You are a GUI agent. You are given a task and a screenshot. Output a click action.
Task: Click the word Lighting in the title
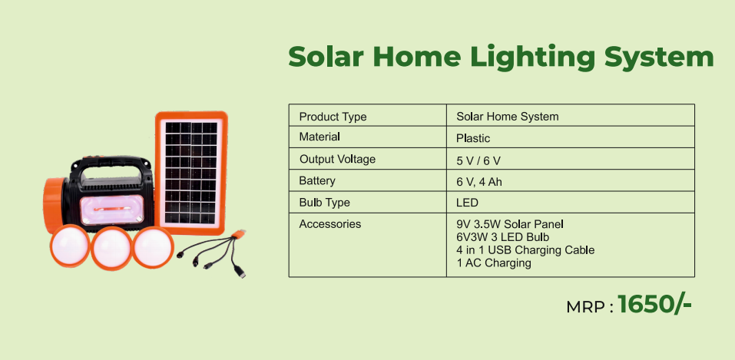(x=532, y=58)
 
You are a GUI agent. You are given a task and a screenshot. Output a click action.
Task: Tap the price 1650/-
(x=654, y=305)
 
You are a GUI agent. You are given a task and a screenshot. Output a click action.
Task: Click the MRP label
(x=590, y=307)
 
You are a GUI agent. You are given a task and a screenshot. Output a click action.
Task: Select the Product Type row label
(x=333, y=116)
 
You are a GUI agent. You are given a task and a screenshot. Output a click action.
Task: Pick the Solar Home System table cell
(x=507, y=116)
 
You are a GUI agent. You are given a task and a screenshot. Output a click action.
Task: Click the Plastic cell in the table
(x=473, y=138)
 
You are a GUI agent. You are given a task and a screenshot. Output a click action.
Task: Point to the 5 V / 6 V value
(x=478, y=160)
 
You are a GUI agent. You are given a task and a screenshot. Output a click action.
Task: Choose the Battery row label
(x=317, y=180)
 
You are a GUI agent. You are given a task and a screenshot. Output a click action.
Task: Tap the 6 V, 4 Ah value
(x=478, y=183)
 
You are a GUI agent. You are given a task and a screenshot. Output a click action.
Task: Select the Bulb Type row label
(x=324, y=203)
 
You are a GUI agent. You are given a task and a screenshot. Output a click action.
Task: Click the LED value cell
(x=467, y=203)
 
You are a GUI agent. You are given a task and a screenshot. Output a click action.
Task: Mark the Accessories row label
(x=330, y=224)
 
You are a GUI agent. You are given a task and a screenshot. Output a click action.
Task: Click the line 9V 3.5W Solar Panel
(x=509, y=224)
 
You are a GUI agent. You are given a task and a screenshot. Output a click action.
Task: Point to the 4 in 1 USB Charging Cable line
(x=525, y=249)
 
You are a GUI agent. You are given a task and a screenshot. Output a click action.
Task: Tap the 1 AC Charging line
(x=494, y=263)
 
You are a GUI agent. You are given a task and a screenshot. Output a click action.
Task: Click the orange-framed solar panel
(x=191, y=173)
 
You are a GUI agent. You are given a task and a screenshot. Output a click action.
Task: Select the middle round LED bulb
(x=111, y=248)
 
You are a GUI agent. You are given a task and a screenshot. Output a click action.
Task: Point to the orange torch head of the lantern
(x=54, y=205)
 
